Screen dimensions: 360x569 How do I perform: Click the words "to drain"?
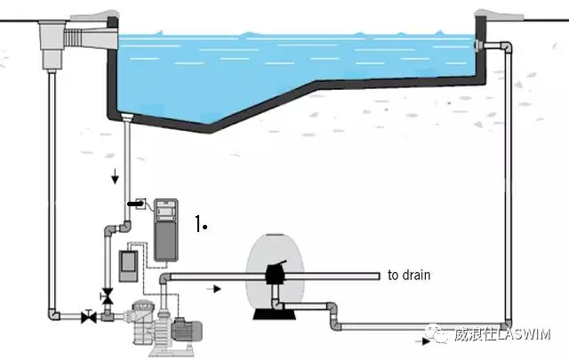point(408,276)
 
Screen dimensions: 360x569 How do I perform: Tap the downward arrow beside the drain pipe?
point(115,178)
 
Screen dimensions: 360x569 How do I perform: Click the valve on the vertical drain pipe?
point(108,295)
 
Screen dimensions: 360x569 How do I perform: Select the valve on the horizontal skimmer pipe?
point(88,315)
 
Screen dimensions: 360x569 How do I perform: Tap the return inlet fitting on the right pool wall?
point(481,45)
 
